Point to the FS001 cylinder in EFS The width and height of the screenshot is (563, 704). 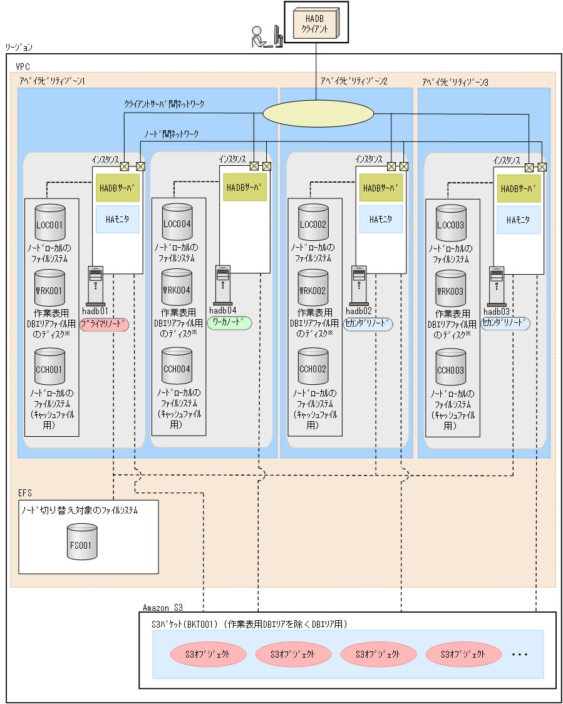(x=81, y=543)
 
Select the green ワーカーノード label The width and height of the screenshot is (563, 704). (x=229, y=323)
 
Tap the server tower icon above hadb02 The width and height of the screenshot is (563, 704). (x=359, y=285)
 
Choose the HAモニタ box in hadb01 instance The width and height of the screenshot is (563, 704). (x=118, y=218)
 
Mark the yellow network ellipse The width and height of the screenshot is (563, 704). (x=318, y=113)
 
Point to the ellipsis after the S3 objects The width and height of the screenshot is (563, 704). (x=520, y=655)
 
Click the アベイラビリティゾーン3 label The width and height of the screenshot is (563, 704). (x=455, y=82)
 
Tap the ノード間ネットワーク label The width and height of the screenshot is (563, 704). (x=171, y=133)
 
